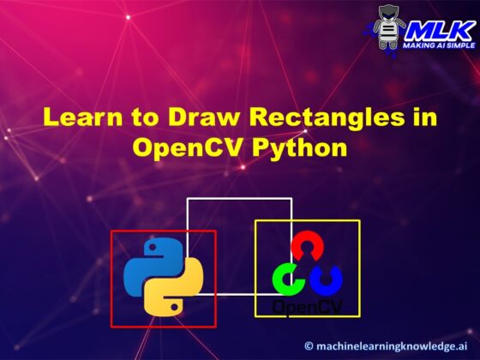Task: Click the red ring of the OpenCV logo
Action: coord(307,248)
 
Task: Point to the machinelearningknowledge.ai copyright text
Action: coord(395,345)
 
